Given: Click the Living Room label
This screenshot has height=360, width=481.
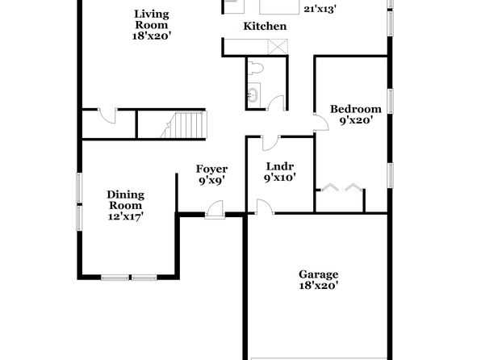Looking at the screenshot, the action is pyautogui.click(x=151, y=19).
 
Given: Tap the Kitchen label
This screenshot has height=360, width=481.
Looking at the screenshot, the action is pyautogui.click(x=265, y=26).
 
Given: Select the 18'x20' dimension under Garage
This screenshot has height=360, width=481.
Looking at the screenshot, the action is pyautogui.click(x=319, y=286).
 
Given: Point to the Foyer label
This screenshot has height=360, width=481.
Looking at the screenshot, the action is pyautogui.click(x=211, y=170).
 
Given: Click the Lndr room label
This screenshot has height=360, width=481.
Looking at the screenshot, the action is pyautogui.click(x=280, y=166).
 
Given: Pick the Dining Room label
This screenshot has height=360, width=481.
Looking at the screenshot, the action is pyautogui.click(x=125, y=200).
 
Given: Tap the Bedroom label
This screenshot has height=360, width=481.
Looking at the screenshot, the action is pyautogui.click(x=356, y=109).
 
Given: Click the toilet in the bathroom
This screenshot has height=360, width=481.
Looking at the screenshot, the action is pyautogui.click(x=255, y=68).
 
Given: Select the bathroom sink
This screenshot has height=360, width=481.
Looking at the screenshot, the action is pyautogui.click(x=253, y=94).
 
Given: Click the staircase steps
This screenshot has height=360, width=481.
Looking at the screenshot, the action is pyautogui.click(x=187, y=125).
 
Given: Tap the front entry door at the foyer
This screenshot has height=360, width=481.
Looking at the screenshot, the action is pyautogui.click(x=215, y=210).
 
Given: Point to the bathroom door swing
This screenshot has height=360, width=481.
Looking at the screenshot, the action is pyautogui.click(x=276, y=103).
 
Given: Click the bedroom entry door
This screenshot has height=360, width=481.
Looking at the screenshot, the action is pyautogui.click(x=321, y=123).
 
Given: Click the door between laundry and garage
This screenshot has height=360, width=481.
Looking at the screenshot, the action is pyautogui.click(x=265, y=207).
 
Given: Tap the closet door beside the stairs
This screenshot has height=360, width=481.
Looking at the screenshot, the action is pyautogui.click(x=107, y=116).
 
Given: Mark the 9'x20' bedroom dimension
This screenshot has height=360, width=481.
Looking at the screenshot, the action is pyautogui.click(x=356, y=120).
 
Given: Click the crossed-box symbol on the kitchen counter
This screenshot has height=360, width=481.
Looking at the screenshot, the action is pyautogui.click(x=278, y=47).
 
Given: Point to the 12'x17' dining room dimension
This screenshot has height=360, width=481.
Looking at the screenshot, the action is pyautogui.click(x=126, y=216).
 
